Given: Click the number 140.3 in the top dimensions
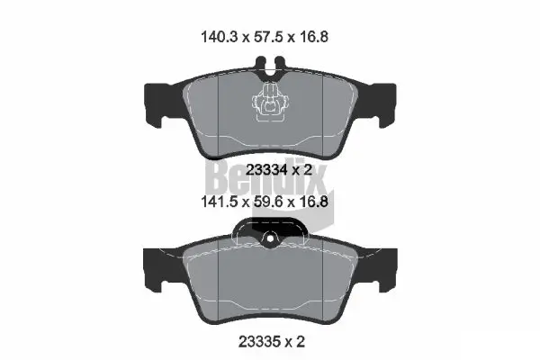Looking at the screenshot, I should [216, 39].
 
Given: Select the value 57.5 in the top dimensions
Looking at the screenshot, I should [271, 39].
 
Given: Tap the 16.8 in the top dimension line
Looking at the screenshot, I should [324, 39].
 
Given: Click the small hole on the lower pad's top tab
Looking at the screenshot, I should [269, 239].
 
